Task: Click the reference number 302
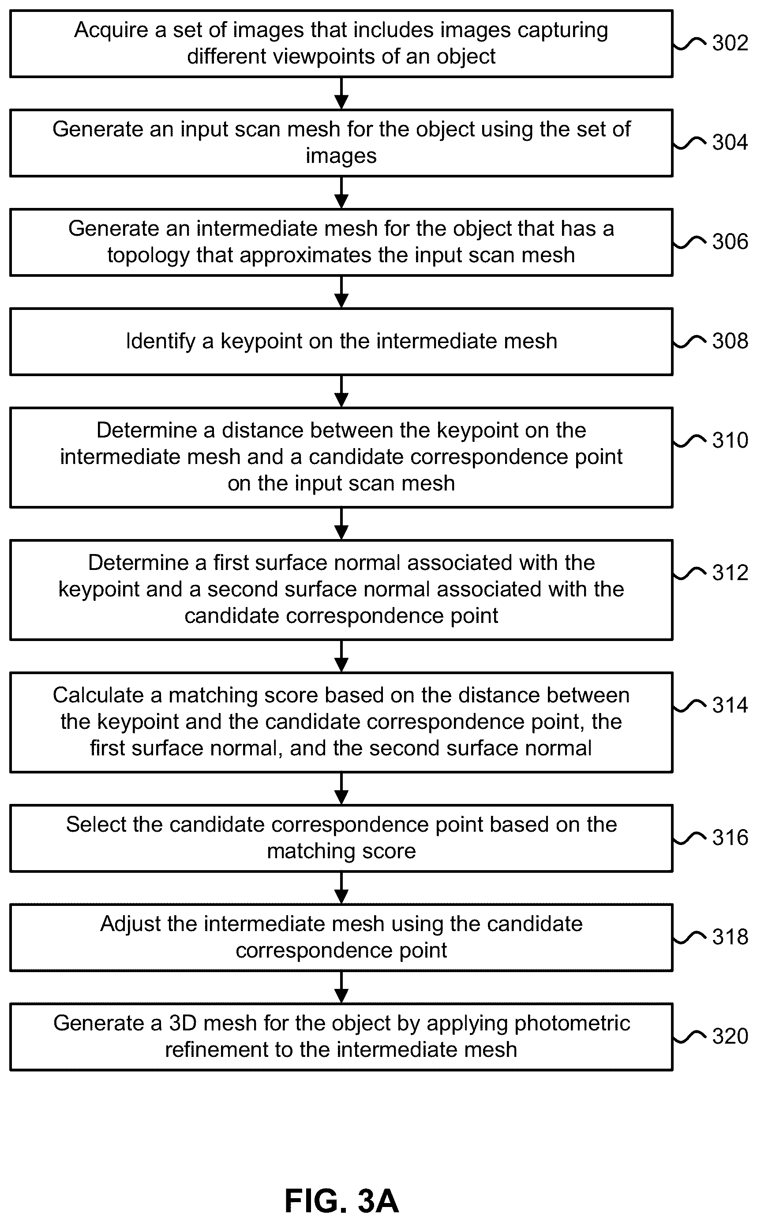(x=730, y=43)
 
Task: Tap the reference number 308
(x=730, y=341)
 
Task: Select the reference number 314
(x=730, y=705)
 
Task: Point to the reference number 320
(x=730, y=1037)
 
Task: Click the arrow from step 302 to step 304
(x=341, y=93)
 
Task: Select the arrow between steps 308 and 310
(x=341, y=391)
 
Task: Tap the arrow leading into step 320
(x=341, y=988)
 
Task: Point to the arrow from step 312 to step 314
(x=341, y=656)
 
